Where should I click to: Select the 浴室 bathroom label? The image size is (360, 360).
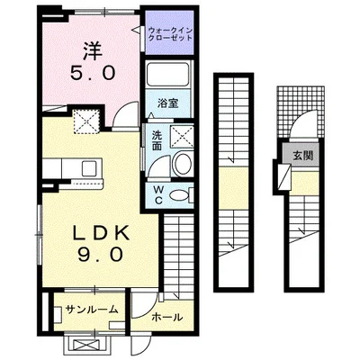pos(168,103)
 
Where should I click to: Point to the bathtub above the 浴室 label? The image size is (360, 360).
pos(169,76)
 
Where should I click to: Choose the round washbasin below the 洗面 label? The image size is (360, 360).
pos(179,164)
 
